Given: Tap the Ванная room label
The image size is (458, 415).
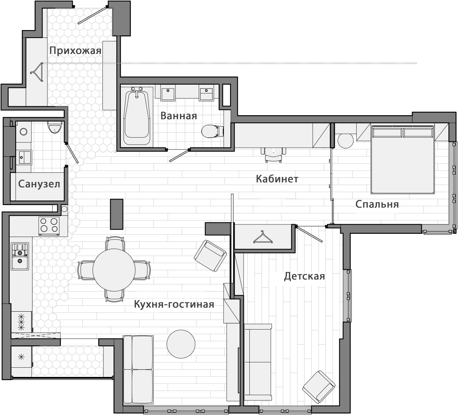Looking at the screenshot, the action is pyautogui.click(x=178, y=116).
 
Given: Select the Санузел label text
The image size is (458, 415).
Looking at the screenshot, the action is pyautogui.click(x=39, y=184).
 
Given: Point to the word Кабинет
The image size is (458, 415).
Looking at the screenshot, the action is pyautogui.click(x=277, y=179).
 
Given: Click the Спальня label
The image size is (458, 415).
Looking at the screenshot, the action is pyautogui.click(x=377, y=204).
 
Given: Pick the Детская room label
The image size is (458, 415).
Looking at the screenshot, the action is pyautogui.click(x=304, y=276).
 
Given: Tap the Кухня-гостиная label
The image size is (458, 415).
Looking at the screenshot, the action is pyautogui.click(x=174, y=304).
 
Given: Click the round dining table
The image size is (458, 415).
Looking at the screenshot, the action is pyautogui.click(x=114, y=270).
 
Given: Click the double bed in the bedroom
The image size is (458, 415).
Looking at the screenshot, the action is pyautogui.click(x=403, y=160).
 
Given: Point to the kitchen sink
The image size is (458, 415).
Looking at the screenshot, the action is pyautogui.click(x=20, y=256).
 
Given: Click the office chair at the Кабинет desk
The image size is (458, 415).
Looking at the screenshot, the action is pyautogui.click(x=274, y=155).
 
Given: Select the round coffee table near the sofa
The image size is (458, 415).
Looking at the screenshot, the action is pyautogui.click(x=181, y=344).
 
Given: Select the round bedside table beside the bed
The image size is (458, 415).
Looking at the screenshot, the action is pyautogui.click(x=346, y=140).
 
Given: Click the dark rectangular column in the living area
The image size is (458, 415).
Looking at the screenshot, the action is pyautogui.click(x=117, y=214).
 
